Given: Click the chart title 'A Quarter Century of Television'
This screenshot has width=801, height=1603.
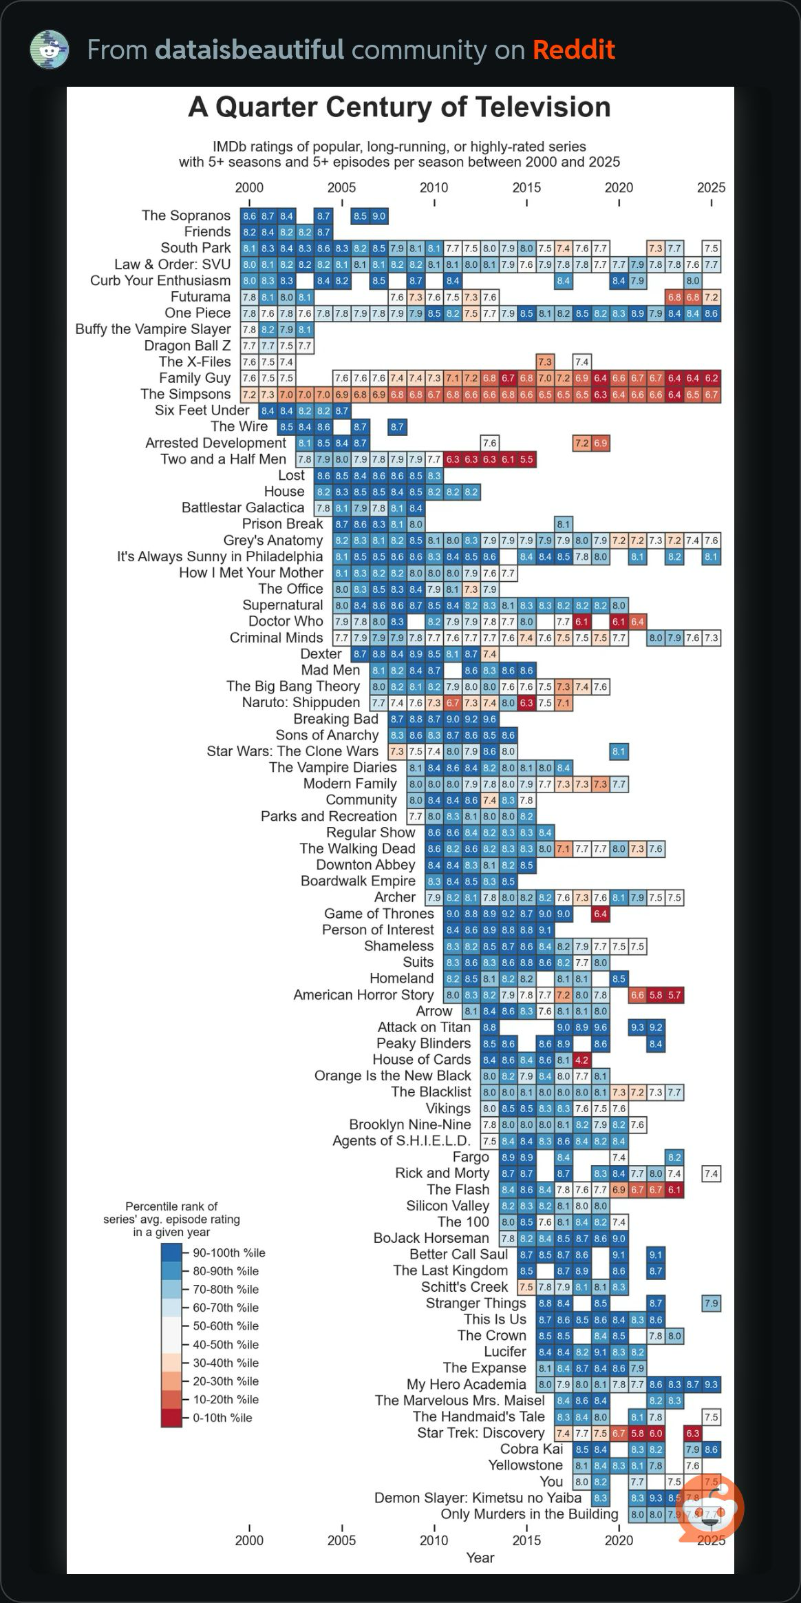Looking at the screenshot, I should tap(399, 107).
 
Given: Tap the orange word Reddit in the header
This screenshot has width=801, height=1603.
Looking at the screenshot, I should tap(573, 50).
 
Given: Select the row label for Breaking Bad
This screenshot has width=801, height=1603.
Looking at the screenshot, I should tap(336, 719).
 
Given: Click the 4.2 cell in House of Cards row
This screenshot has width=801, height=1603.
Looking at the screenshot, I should tap(581, 1060).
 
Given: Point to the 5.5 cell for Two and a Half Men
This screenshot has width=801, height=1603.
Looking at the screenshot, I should tap(526, 459).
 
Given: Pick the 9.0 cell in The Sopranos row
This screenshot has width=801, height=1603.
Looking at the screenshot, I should tap(378, 216).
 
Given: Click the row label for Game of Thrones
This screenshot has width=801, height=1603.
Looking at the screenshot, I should tap(378, 914).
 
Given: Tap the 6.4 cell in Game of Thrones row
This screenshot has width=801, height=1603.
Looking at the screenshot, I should tap(600, 914).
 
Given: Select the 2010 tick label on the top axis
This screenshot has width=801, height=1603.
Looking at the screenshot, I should tap(434, 188).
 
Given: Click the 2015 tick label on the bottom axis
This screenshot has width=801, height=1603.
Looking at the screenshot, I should tap(526, 1540).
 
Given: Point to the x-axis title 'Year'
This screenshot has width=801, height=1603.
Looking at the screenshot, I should tap(480, 1558).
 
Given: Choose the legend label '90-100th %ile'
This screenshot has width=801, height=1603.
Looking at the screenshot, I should tap(228, 1253).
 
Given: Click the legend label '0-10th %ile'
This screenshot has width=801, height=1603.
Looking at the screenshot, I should tap(222, 1418).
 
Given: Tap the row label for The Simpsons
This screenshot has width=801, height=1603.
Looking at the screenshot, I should tap(185, 395).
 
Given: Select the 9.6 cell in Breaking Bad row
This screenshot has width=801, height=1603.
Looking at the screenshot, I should tap(489, 719).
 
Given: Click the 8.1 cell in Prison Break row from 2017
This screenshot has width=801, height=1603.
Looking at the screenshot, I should tap(564, 524).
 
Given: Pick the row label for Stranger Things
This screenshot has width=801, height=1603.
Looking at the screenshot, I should tap(476, 1303).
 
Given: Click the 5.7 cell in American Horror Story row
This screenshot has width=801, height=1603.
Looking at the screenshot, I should tap(674, 995).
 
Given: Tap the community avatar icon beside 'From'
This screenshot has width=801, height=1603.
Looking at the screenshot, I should tap(50, 50).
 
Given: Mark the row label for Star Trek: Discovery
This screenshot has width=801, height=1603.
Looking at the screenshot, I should tap(480, 1433).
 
